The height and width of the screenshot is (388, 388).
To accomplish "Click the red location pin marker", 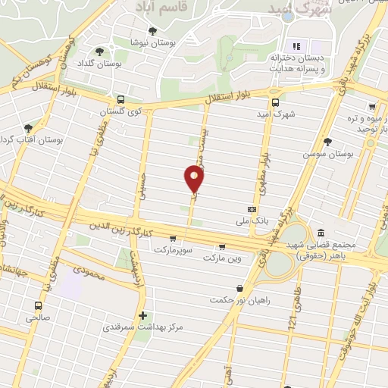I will (194, 178).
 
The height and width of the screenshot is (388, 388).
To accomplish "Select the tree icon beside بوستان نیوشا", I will (153, 31).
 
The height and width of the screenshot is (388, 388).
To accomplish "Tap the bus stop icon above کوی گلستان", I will (120, 100).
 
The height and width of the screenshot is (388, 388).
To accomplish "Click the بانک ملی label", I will (252, 221).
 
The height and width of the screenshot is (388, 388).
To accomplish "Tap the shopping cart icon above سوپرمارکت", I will (174, 238).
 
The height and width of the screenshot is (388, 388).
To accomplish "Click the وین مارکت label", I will (221, 258).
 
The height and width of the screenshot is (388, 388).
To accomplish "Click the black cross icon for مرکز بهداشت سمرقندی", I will (142, 315).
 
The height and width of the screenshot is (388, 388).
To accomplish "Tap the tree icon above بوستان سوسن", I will (327, 141).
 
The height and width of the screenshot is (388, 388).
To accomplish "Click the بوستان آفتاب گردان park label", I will (18, 139).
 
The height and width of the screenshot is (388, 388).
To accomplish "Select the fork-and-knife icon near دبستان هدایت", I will (296, 45).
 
